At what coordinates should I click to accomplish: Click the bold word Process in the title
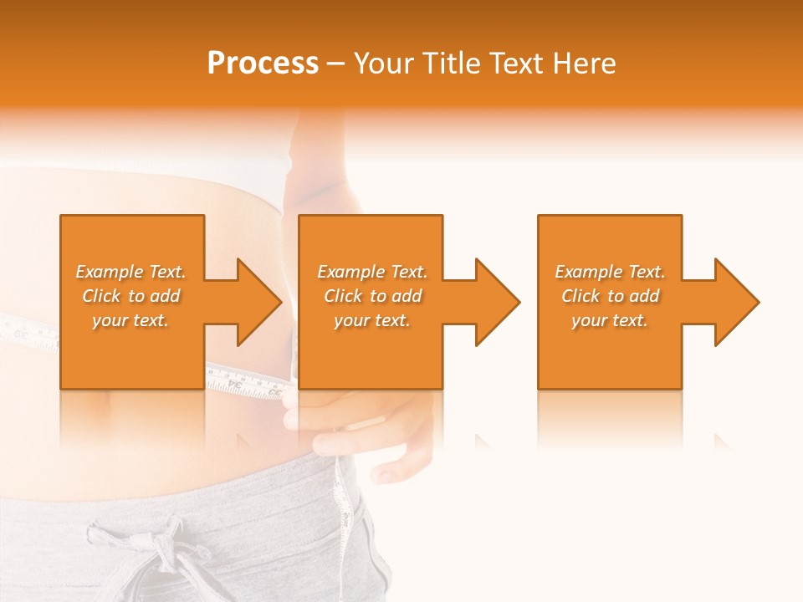(x=263, y=64)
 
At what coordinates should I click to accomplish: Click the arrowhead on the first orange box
(x=254, y=302)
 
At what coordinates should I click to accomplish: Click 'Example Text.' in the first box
(x=130, y=272)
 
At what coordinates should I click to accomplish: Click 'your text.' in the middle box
(x=371, y=320)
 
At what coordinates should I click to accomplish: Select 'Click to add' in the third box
(x=611, y=296)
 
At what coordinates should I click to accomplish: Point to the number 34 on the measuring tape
(x=252, y=385)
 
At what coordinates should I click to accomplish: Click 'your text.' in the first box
(x=130, y=320)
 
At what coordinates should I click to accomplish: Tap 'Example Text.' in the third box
(x=610, y=272)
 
